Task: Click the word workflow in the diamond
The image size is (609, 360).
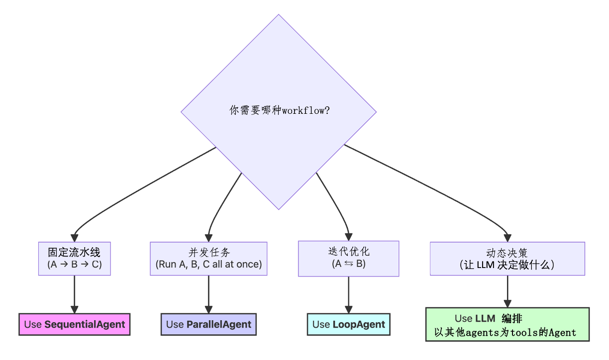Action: [302, 110]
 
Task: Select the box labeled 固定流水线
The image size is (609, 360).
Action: [75, 258]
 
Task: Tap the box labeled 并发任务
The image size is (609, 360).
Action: [208, 258]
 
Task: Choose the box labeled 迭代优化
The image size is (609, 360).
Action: [348, 258]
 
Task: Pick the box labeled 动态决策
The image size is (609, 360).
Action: [507, 258]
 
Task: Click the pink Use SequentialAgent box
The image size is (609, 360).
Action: [75, 324]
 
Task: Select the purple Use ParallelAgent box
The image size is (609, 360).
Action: [208, 324]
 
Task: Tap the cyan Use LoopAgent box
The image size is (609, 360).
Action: [348, 324]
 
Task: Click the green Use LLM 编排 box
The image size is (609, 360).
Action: [507, 324]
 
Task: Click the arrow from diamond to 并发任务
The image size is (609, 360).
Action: [219, 204]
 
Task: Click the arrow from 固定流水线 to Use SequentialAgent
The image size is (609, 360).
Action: [75, 293]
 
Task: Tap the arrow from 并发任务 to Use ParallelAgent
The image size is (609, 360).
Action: [208, 293]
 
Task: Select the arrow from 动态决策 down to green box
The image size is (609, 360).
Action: [507, 291]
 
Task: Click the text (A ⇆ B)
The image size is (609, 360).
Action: [348, 264]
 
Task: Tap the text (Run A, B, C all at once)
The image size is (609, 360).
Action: [208, 265]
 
